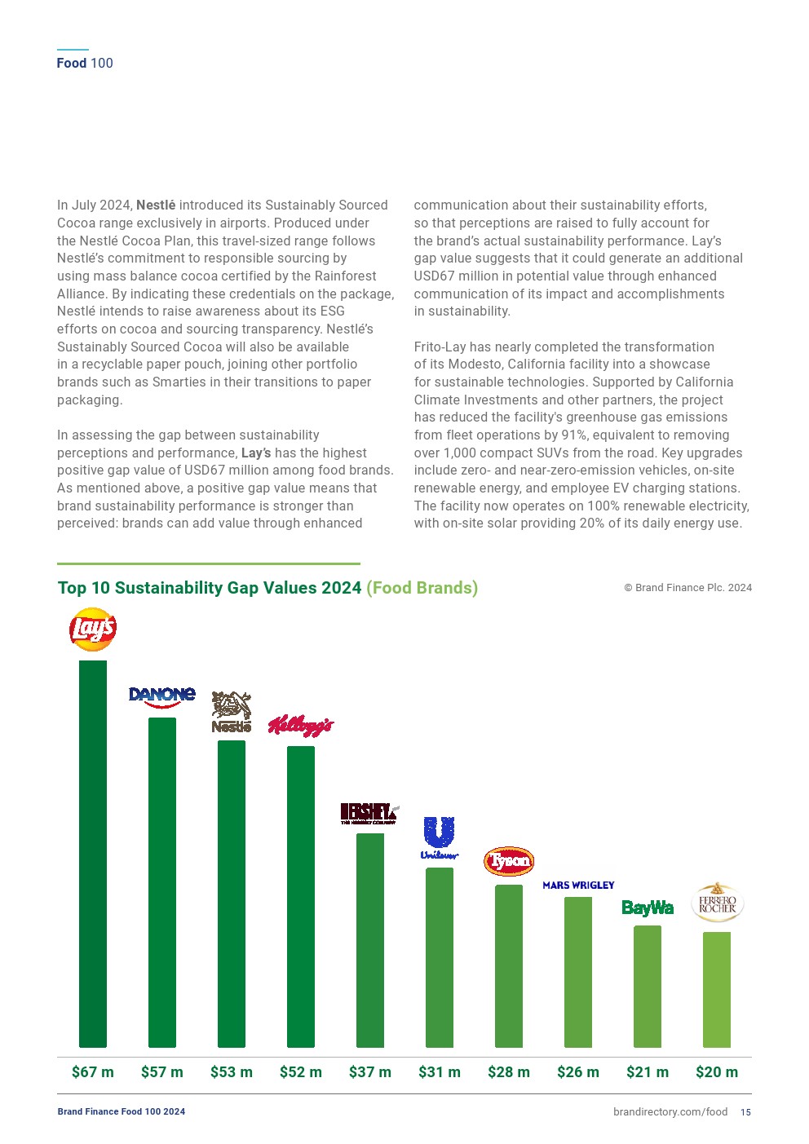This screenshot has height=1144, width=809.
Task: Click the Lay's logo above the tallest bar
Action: click(x=93, y=629)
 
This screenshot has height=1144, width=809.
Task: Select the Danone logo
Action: click(x=162, y=696)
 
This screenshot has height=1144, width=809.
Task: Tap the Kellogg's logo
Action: click(x=301, y=725)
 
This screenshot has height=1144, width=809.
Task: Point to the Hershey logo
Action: click(x=369, y=813)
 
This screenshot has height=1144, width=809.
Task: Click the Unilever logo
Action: click(x=440, y=837)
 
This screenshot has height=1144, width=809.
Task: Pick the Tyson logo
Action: click(x=509, y=861)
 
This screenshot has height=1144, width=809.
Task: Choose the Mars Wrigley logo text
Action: click(x=578, y=886)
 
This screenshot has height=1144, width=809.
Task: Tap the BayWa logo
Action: click(x=648, y=908)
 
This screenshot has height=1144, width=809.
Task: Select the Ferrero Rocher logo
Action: click(x=718, y=903)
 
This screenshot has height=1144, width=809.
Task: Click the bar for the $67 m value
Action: click(x=93, y=854)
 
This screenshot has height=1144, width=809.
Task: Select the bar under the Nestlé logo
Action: click(x=232, y=894)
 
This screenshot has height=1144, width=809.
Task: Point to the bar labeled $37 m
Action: click(x=370, y=940)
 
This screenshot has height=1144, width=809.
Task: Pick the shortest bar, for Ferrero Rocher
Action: click(x=717, y=990)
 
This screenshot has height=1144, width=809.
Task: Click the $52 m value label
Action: click(x=301, y=1072)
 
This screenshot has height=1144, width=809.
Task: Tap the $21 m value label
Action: click(x=648, y=1072)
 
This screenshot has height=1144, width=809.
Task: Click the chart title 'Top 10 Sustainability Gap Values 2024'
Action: click(x=210, y=588)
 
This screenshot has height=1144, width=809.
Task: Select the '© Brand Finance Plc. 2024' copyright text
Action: click(x=687, y=588)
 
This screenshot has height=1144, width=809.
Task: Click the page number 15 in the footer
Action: click(x=746, y=1112)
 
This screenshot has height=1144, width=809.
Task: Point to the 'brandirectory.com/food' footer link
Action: click(x=670, y=1112)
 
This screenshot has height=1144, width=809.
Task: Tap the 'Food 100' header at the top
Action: click(x=85, y=64)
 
